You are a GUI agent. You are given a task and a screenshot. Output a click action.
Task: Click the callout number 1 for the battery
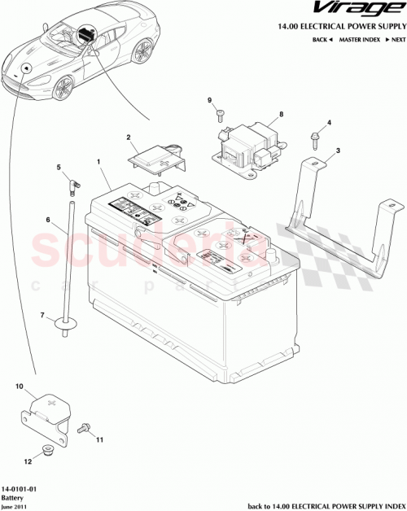(98, 163)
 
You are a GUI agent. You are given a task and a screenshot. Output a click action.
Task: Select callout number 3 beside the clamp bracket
(339, 151)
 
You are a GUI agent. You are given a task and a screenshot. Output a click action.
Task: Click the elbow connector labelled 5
(71, 185)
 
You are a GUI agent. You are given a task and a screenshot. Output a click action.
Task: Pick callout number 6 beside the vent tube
(49, 220)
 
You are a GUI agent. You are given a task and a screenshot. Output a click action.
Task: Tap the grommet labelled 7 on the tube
(65, 325)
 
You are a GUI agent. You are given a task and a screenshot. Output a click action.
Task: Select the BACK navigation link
(322, 40)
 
